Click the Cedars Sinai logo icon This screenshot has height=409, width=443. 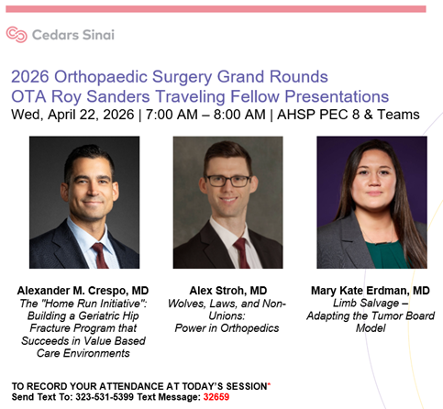16,35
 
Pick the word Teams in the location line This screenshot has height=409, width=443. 398,115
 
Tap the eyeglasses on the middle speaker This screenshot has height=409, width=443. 227,181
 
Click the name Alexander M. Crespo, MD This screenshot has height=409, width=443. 84,291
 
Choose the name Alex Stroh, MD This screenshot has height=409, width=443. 227,291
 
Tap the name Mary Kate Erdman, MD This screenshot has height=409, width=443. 371,291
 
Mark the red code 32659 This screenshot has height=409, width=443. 216,399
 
